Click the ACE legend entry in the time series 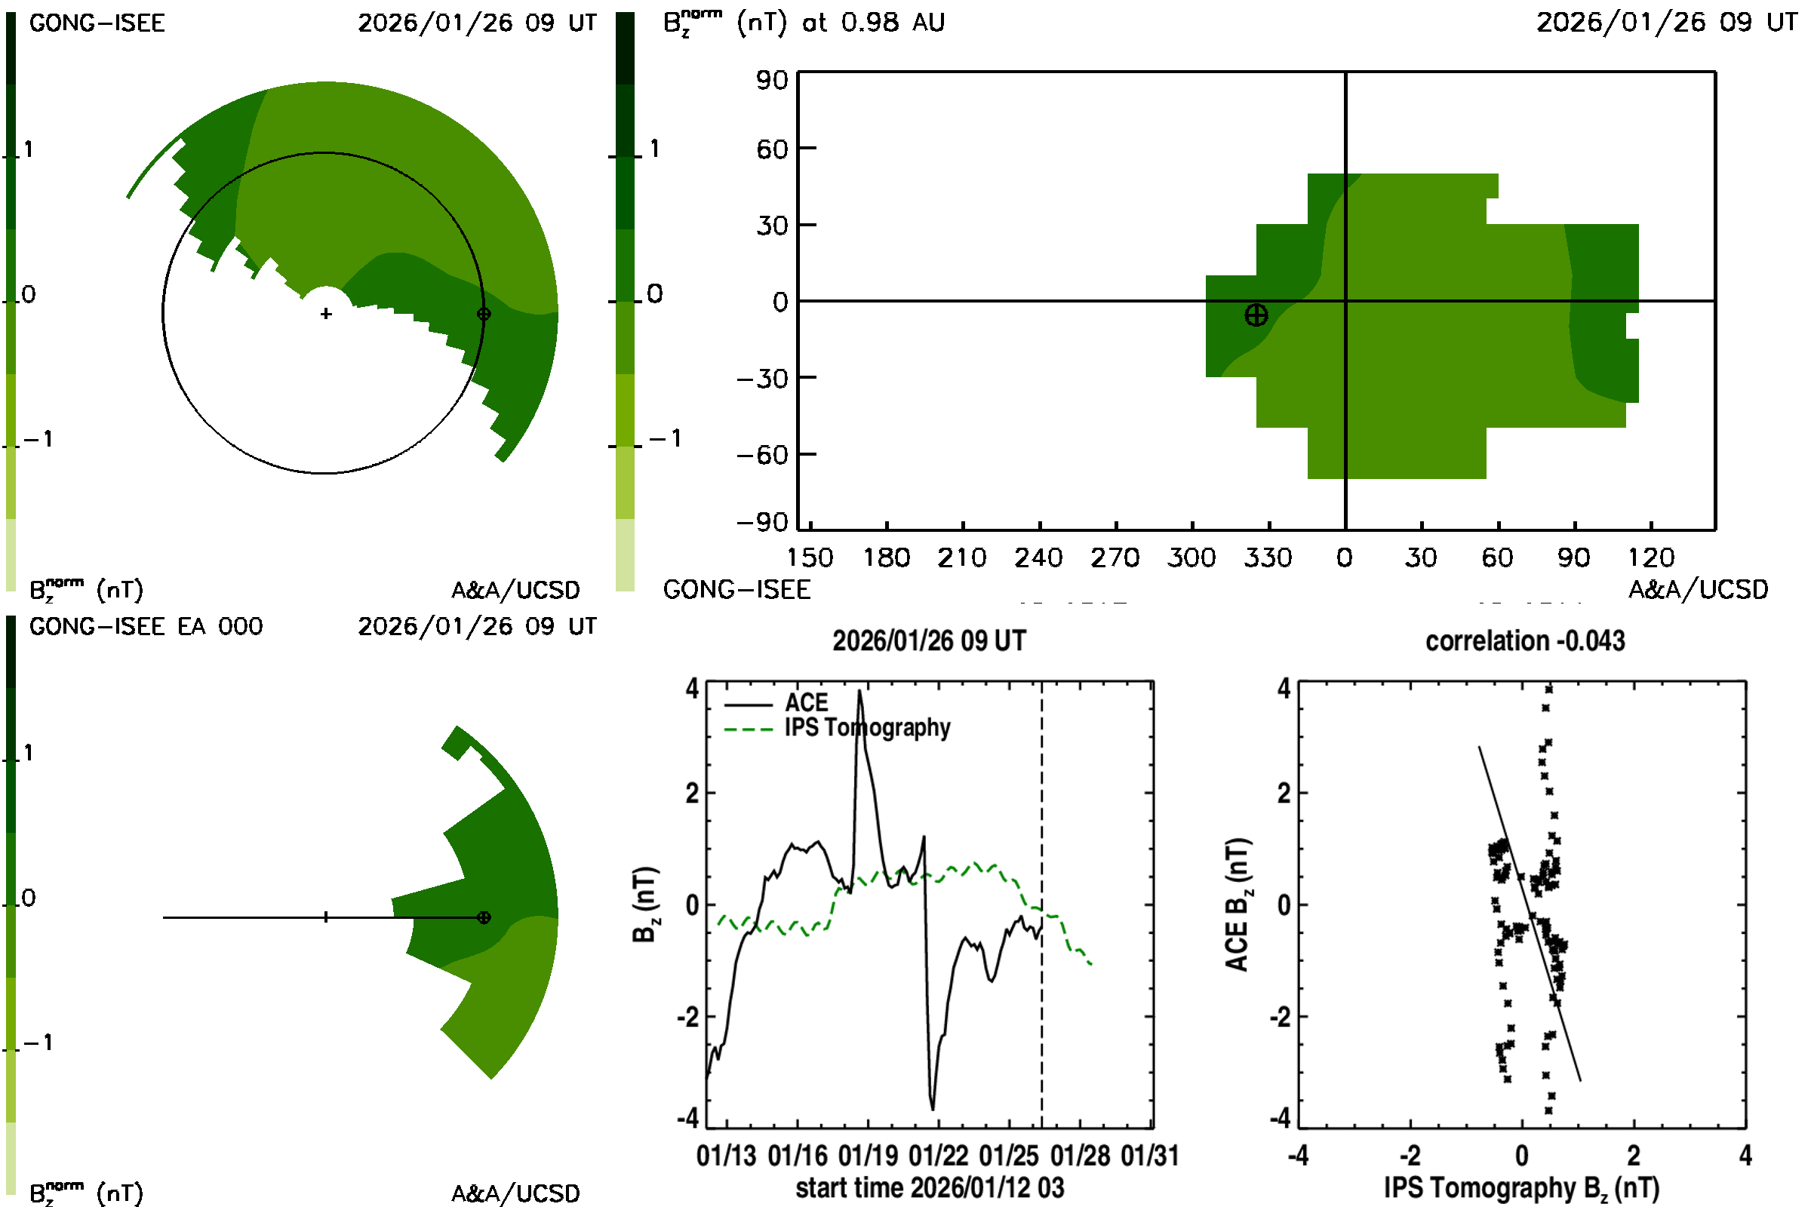point(805,703)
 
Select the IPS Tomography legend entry point(867,727)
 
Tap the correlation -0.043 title point(1524,641)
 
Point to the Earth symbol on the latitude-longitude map point(1256,315)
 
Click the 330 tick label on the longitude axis point(1268,557)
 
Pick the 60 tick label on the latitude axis point(771,149)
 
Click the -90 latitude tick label point(762,523)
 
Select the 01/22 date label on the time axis point(938,1156)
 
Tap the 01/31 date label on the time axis point(1149,1156)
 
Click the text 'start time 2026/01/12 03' point(930,1187)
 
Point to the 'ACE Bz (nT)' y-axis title point(1238,904)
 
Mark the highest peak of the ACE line point(859,691)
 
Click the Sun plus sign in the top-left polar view point(326,313)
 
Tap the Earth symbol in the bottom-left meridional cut point(484,917)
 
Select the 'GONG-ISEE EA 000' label point(146,627)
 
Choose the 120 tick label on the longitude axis point(1650,557)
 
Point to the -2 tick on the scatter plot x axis point(1410,1156)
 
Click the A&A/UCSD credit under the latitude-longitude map point(1697,590)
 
